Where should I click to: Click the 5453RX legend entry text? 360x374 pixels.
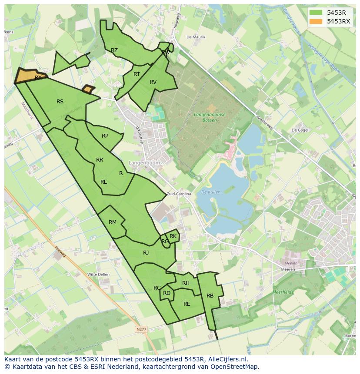tap(338, 21)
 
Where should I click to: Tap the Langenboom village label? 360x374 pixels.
tap(144, 162)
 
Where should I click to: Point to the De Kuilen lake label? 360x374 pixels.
tap(211, 192)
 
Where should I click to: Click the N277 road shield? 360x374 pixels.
tap(141, 330)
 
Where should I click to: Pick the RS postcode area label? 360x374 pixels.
tap(60, 102)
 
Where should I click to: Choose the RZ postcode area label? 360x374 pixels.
tap(114, 50)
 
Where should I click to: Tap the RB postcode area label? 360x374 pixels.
tap(210, 296)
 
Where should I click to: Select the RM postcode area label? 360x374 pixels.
tap(113, 222)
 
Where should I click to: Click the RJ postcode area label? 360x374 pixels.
tap(146, 252)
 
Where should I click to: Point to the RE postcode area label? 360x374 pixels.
tap(187, 304)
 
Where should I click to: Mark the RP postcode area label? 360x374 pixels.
tap(105, 136)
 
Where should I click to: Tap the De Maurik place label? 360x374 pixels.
tap(196, 37)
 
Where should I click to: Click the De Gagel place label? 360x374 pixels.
tap(300, 130)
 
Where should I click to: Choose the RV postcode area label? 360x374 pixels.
tap(153, 82)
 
